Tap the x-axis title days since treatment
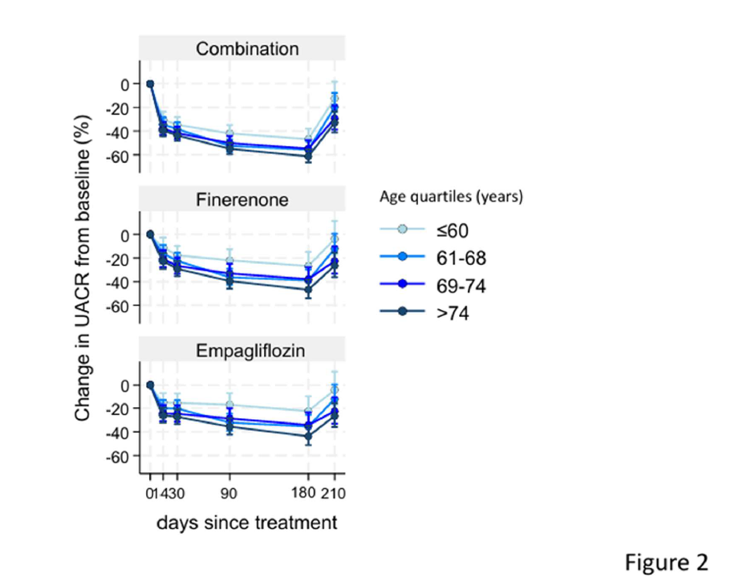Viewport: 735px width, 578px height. point(246,523)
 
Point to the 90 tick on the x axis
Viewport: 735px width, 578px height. point(230,493)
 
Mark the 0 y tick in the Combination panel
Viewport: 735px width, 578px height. point(125,83)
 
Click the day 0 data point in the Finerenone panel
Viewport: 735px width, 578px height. point(149,234)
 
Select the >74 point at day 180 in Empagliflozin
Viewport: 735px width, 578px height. point(307,437)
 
